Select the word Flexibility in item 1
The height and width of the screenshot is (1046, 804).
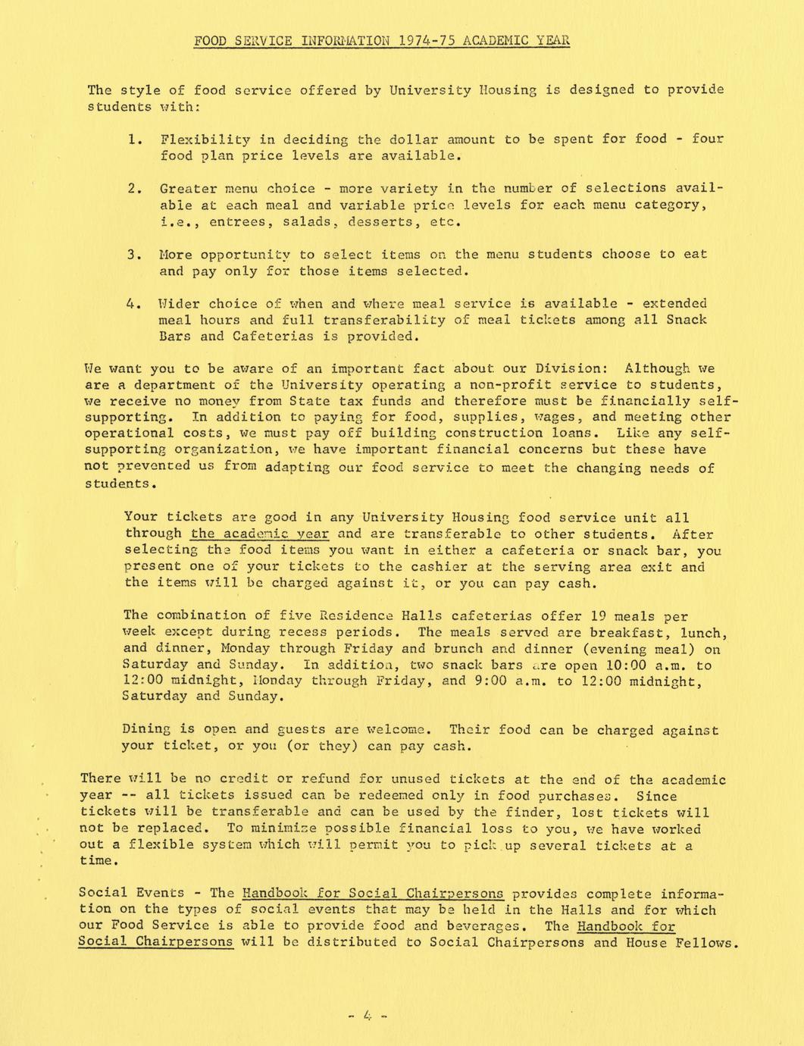coord(205,139)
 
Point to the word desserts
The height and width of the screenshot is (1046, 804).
coord(384,222)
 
